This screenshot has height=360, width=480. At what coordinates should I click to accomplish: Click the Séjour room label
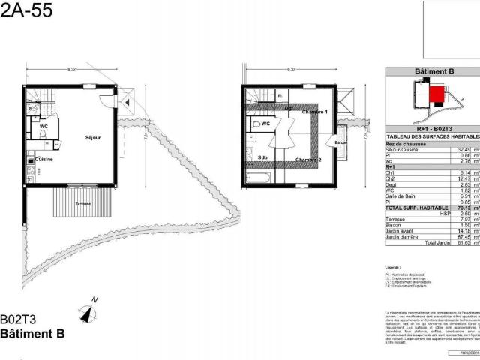click(x=93, y=138)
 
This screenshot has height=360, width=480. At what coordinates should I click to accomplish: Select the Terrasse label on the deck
click(x=73, y=202)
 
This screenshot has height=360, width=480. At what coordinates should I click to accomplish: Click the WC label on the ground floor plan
click(x=44, y=127)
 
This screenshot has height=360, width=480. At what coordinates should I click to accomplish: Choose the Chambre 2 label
click(x=307, y=160)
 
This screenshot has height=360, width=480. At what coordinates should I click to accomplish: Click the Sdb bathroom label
click(x=262, y=158)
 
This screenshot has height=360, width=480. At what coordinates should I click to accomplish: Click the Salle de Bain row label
click(x=401, y=195)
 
